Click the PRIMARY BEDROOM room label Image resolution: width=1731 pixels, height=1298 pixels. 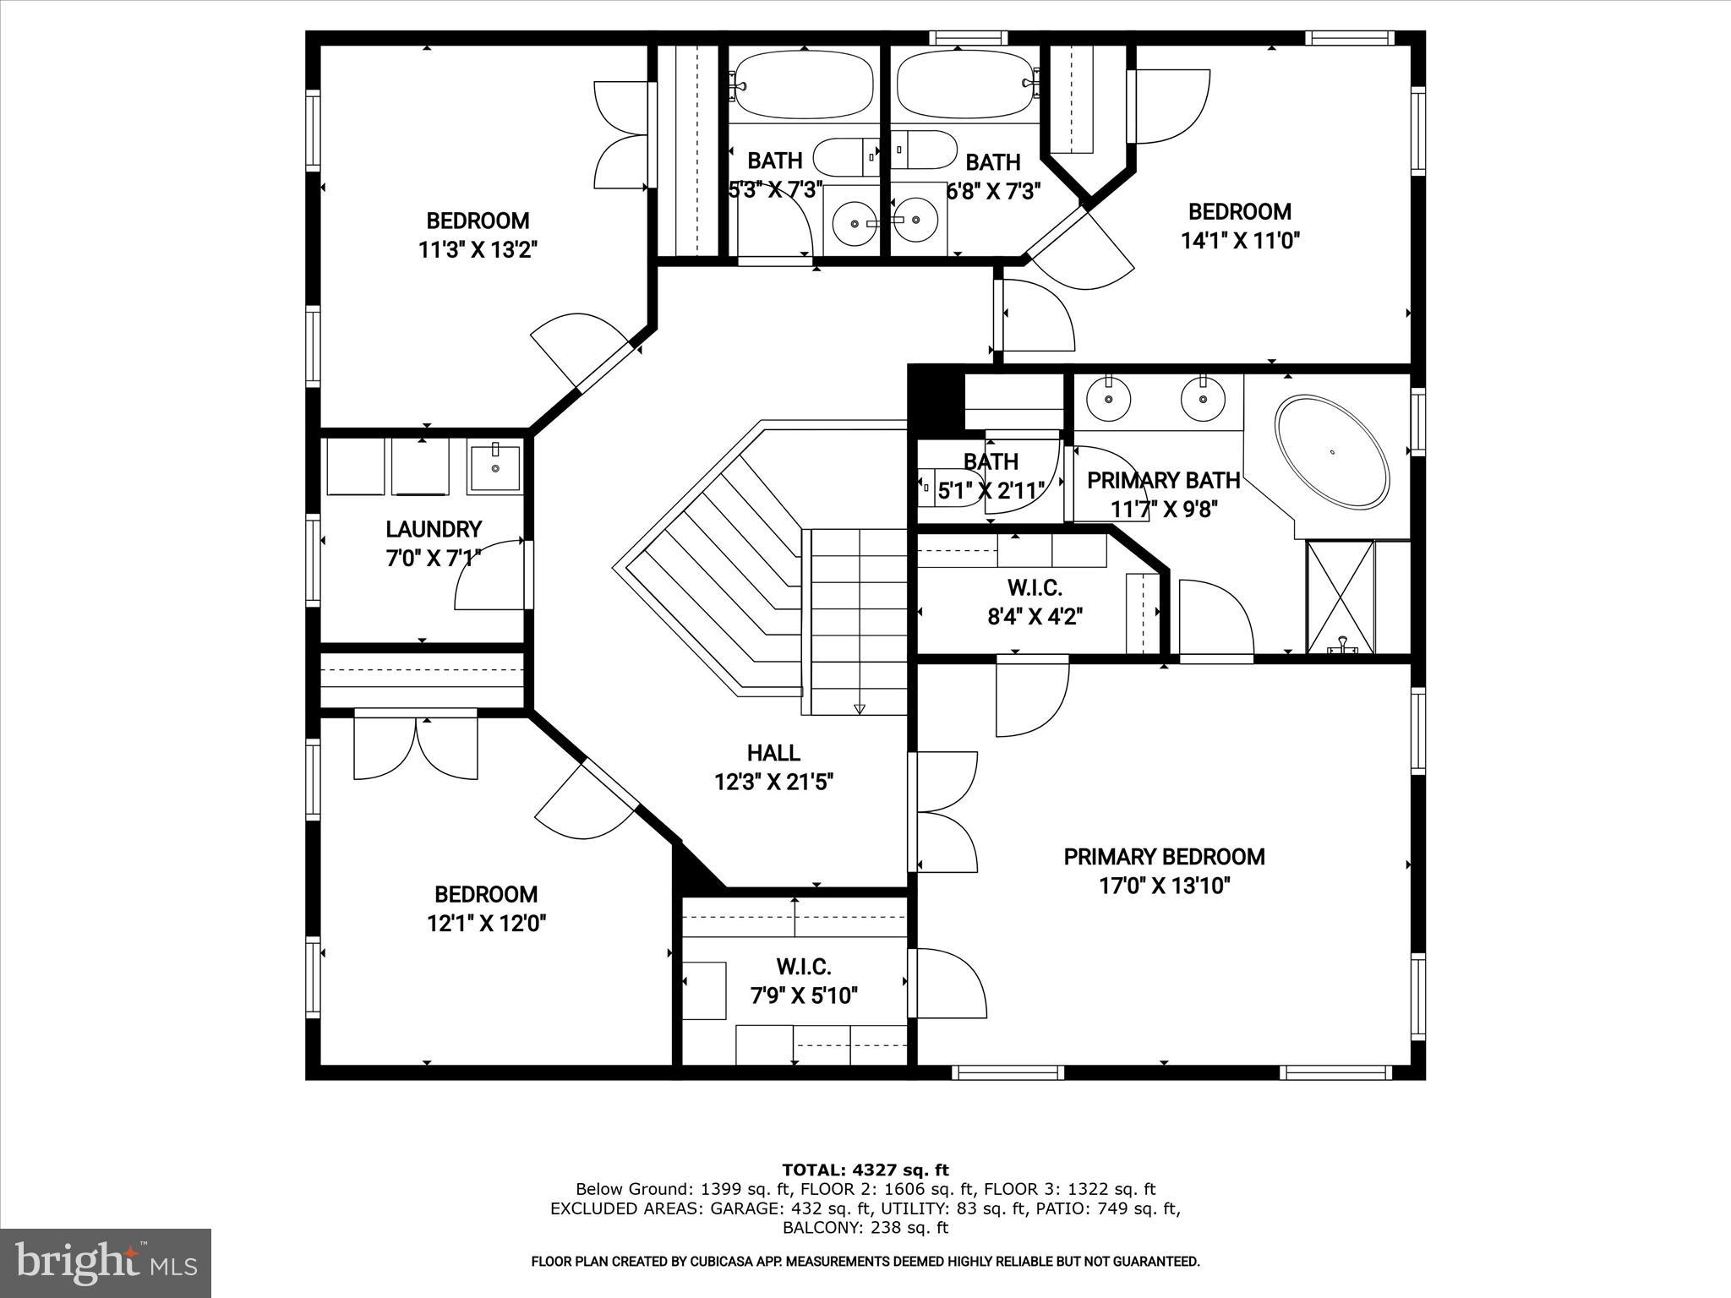point(1164,857)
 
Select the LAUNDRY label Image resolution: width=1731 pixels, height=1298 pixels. point(434,529)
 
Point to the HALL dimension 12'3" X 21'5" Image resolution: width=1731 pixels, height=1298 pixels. point(774,783)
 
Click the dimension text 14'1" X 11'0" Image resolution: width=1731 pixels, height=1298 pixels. point(1239,241)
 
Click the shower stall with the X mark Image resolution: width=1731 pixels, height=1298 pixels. point(1341,596)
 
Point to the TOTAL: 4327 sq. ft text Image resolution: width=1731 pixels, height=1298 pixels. point(865,1170)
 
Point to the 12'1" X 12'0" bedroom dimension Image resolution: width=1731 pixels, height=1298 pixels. point(486,924)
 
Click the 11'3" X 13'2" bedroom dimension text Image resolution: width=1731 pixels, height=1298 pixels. point(478,250)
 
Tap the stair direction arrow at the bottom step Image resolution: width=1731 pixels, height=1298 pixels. point(860,709)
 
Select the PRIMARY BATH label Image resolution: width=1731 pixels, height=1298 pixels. point(1163,481)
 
